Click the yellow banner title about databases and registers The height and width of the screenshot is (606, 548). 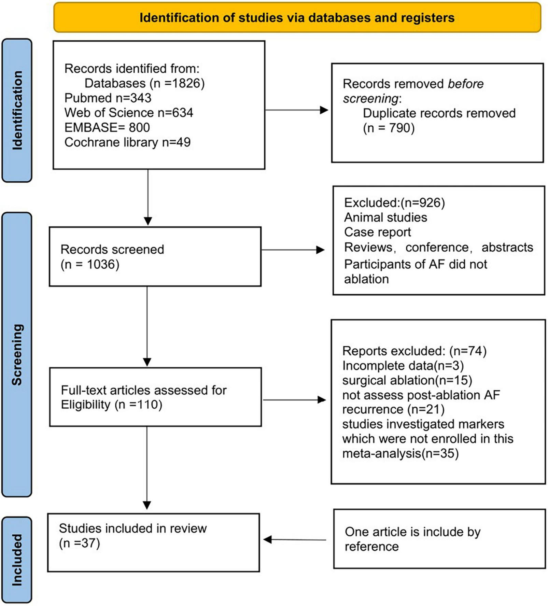297,18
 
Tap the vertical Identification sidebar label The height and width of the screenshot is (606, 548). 17,110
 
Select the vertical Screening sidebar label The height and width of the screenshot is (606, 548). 17,354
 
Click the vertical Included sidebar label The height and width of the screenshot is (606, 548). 17,560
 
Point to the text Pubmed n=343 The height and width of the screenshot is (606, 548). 108,98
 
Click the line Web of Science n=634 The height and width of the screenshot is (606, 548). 128,113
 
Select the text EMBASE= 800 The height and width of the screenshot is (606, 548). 107,128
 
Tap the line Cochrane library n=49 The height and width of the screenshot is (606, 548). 127,142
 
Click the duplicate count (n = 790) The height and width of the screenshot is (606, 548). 388,128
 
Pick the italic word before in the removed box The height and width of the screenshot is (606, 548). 465,84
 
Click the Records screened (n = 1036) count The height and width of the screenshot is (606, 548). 90,265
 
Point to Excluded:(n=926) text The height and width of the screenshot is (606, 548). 394,203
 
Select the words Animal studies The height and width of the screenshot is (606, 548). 385,218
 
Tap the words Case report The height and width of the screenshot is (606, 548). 377,232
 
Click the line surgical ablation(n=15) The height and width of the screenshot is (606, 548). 407,380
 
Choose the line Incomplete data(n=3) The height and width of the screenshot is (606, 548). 403,366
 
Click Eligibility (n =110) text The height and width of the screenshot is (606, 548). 111,405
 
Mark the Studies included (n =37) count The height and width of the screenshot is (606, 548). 79,543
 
